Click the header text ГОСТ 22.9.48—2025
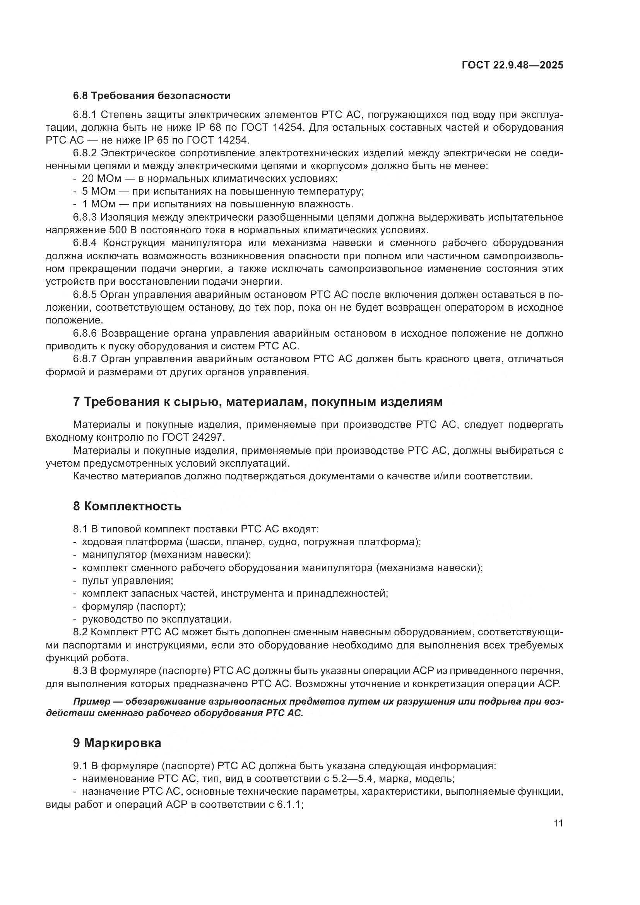pos(512,65)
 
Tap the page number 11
pos(558,823)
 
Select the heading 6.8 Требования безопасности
pos(151,96)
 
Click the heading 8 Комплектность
pos(127,506)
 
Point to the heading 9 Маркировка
pos(116,743)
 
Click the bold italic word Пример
pos(91,702)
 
